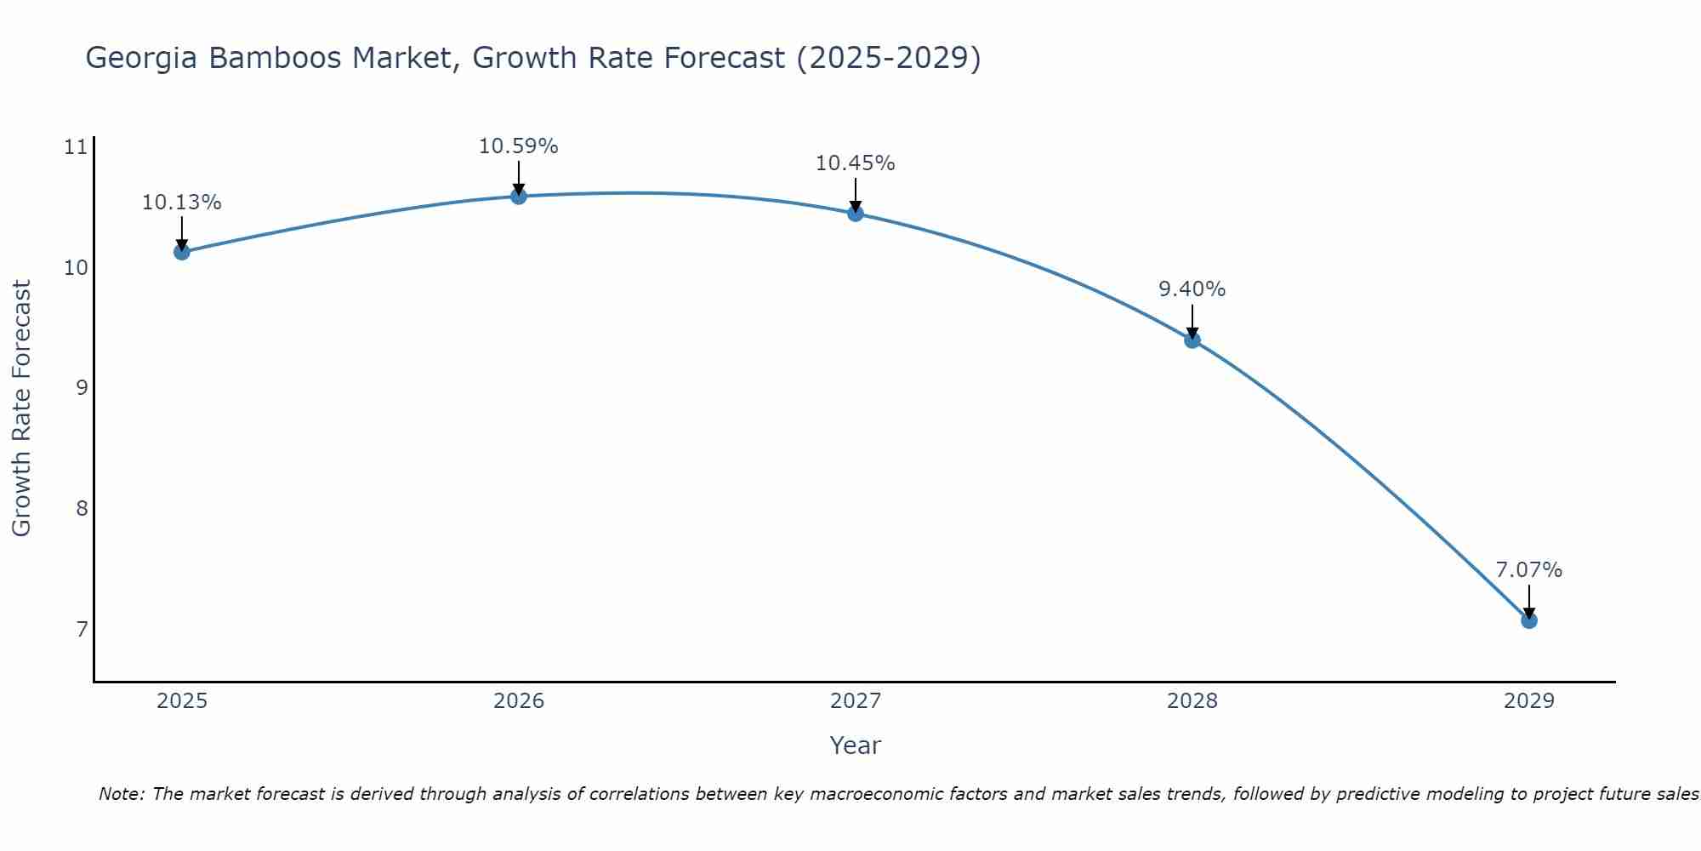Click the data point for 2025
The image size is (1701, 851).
pos(181,252)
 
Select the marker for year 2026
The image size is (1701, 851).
pos(518,197)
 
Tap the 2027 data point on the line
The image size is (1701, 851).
pos(855,214)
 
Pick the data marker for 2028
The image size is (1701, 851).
pos(1192,340)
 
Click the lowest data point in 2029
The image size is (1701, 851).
pos(1528,620)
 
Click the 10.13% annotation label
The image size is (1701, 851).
pos(181,203)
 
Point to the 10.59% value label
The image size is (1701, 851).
pos(518,146)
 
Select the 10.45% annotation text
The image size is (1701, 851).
pos(855,163)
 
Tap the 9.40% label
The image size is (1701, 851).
pos(1192,289)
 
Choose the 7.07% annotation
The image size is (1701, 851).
pos(1528,570)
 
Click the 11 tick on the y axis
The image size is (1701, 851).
pos(76,147)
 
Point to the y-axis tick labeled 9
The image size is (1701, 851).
pos(82,388)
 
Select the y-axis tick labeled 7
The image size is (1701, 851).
pos(82,629)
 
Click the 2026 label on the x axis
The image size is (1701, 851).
pos(518,701)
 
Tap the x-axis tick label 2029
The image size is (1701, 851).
pos(1528,701)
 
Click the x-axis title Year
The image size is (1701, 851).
pos(855,745)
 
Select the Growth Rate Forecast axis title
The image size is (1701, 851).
pos(21,408)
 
